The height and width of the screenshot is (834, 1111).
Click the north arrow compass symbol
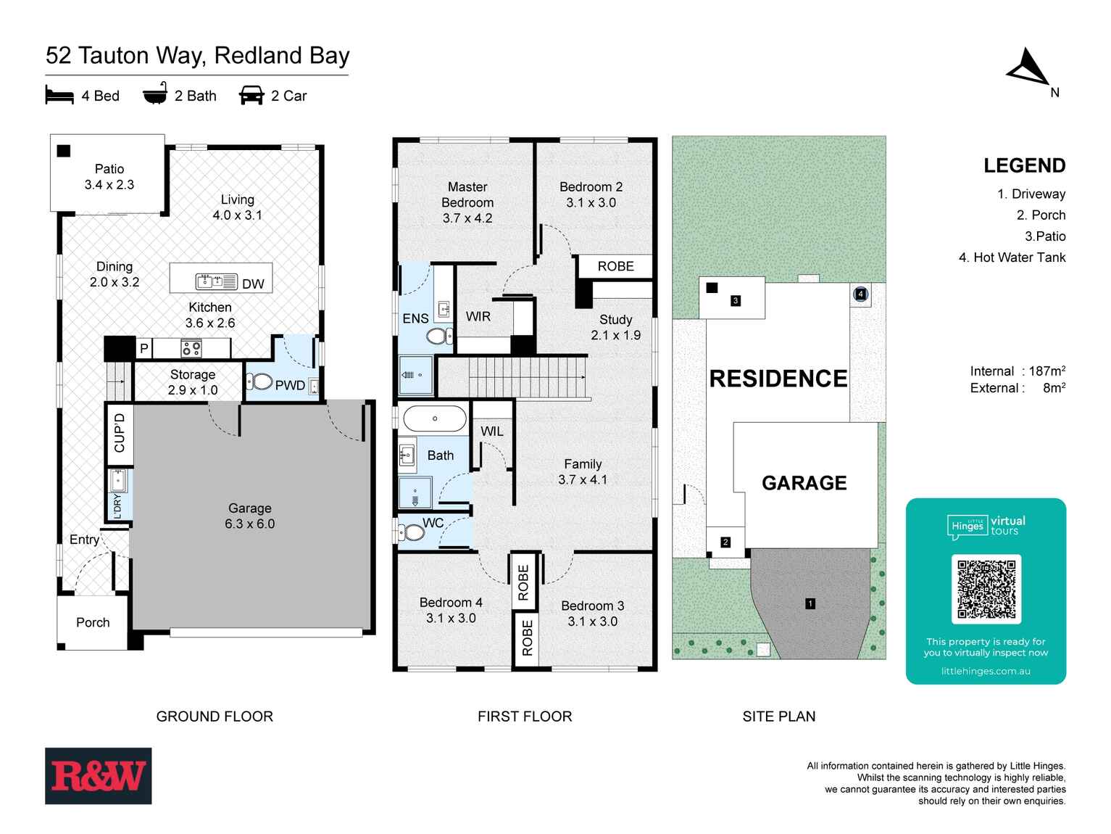click(1027, 67)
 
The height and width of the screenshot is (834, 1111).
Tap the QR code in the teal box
click(986, 589)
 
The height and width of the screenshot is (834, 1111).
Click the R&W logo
click(99, 776)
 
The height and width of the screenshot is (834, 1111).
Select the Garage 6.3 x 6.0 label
click(250, 516)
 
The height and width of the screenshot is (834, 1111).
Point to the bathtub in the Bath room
click(435, 419)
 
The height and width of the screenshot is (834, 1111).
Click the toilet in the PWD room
click(259, 381)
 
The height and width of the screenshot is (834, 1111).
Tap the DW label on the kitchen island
click(253, 284)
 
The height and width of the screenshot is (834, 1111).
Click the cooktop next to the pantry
click(191, 349)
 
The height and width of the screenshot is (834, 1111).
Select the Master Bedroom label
click(467, 202)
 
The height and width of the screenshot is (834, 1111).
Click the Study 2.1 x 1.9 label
click(615, 327)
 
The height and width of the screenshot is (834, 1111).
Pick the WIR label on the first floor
click(478, 317)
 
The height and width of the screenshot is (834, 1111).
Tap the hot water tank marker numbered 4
click(860, 294)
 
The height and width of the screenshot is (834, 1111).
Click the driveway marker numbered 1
click(810, 603)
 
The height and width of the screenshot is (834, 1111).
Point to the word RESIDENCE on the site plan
click(778, 379)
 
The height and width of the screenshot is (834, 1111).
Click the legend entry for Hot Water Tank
click(1012, 257)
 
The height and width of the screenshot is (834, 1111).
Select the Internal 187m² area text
click(1018, 371)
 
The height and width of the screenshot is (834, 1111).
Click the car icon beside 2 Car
click(251, 96)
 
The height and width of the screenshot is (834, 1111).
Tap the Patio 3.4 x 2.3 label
click(109, 177)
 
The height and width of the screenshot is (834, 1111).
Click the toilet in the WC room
click(413, 533)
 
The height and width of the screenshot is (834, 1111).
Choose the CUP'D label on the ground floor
click(120, 432)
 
